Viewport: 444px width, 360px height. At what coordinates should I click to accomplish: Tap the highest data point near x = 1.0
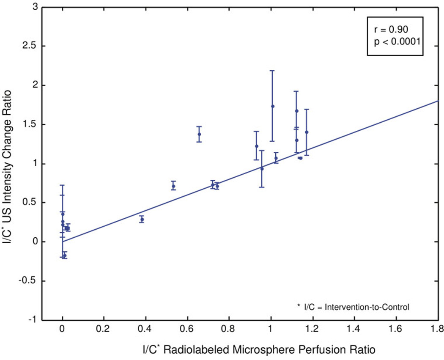coord(273,106)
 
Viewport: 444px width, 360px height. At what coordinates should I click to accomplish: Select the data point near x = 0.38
coord(142,219)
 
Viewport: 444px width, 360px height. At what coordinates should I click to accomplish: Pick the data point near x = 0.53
coord(173,186)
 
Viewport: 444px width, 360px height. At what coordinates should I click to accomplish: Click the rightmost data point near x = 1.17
coord(307,132)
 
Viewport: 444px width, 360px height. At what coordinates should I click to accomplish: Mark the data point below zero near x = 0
coord(65,256)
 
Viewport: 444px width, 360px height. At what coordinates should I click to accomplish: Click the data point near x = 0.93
coord(256,146)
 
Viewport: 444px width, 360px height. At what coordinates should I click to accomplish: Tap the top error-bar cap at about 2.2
coord(273,71)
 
